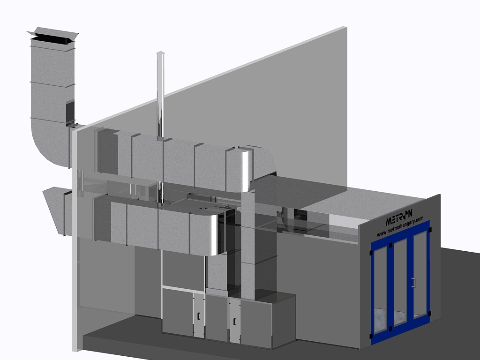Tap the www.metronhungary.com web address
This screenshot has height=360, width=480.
tap(400, 226)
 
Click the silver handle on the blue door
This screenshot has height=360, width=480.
tap(413, 283)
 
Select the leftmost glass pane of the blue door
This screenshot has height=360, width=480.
tap(380, 289)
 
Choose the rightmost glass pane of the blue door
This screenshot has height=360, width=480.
tap(420, 274)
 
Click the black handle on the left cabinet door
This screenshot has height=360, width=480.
tap(198, 316)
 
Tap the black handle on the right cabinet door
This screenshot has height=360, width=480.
tap(234, 322)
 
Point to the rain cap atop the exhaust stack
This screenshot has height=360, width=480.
tap(52, 36)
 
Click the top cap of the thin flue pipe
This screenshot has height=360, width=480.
tap(160, 53)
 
